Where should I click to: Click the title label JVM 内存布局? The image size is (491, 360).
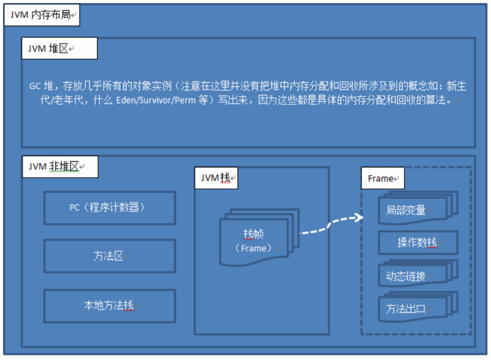point(42,15)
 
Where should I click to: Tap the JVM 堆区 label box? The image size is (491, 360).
point(59,49)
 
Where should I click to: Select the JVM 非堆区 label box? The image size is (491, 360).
point(60,167)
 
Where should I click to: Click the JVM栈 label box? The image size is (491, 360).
point(217,178)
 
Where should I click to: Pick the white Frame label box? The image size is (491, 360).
point(382,178)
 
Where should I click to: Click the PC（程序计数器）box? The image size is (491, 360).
point(110,208)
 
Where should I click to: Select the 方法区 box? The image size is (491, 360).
point(110,256)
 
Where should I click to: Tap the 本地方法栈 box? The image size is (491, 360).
point(110,306)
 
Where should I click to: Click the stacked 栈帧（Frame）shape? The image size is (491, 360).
point(259,238)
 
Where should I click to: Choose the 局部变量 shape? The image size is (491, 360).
point(418,208)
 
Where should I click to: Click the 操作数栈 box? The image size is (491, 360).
point(418,243)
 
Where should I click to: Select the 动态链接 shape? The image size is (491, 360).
point(418,273)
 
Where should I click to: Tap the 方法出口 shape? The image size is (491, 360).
point(418,307)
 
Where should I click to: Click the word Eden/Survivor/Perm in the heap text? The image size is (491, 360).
point(155,100)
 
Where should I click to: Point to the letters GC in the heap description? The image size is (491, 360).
point(35,86)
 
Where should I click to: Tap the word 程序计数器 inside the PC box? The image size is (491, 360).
point(114,207)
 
